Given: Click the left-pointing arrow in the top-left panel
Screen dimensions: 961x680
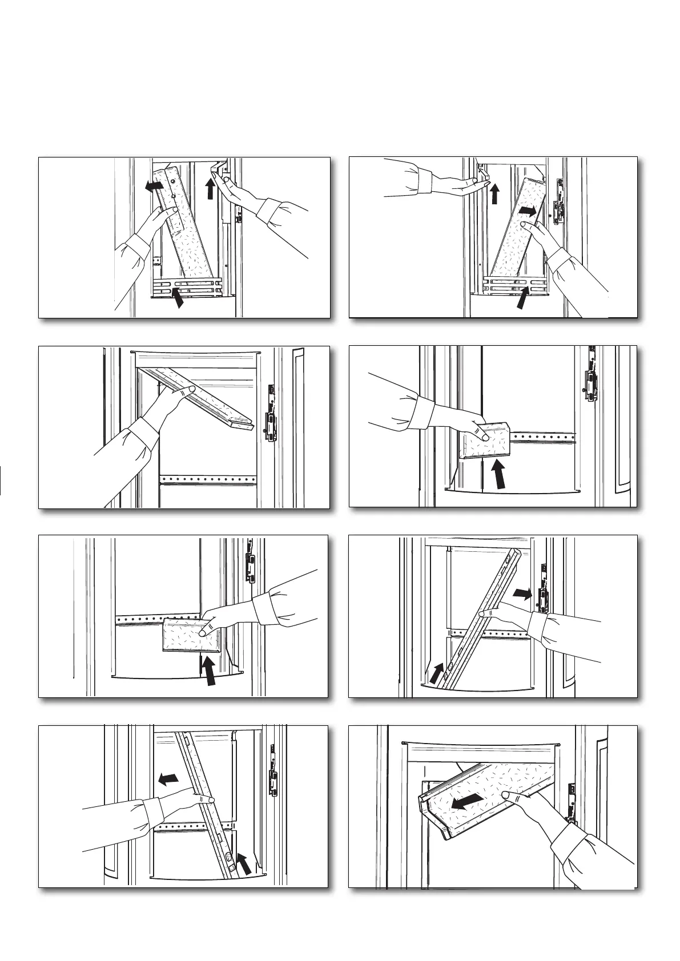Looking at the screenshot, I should tap(152, 185).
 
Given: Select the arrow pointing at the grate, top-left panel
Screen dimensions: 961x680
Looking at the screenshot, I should tap(179, 298).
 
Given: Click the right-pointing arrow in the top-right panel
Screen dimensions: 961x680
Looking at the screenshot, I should tap(528, 211).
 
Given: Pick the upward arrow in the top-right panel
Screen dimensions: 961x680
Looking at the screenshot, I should tap(494, 193).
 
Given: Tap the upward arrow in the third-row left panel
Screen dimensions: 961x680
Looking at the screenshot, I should tap(209, 671).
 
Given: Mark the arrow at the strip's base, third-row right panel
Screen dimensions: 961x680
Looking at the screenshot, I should tap(437, 673).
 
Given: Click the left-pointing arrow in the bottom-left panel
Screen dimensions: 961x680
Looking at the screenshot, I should tap(168, 778).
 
